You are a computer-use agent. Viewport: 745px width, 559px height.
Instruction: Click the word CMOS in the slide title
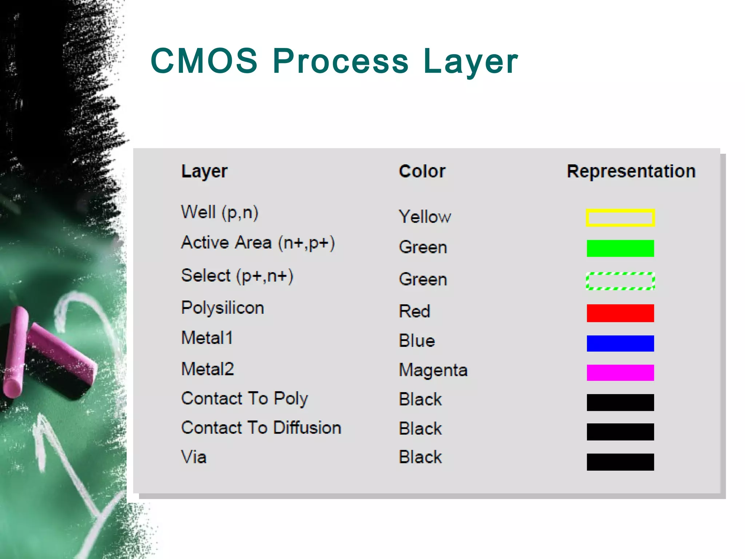pos(204,61)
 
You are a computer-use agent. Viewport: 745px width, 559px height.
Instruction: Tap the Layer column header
pos(204,171)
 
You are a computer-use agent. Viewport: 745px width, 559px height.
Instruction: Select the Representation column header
pos(631,171)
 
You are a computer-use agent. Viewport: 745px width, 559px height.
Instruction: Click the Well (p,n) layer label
pos(220,213)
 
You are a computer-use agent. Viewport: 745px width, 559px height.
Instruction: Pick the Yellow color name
pos(425,217)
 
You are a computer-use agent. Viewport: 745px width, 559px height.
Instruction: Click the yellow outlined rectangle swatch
pos(620,218)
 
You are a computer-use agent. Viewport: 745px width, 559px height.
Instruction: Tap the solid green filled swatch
pos(620,248)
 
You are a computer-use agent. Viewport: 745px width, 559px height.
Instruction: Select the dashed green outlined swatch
pos(620,281)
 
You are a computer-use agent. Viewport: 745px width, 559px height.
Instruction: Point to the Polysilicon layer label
pos(223,308)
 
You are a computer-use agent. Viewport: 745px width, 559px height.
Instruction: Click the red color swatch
pos(620,313)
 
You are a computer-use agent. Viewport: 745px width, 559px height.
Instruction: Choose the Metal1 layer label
pos(207,338)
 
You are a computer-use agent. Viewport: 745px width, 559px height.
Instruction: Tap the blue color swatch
pos(620,343)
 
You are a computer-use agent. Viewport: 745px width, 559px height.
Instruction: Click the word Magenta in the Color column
pos(433,370)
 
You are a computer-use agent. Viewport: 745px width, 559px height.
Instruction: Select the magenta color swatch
pos(620,373)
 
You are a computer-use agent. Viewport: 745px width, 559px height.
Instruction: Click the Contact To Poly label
pos(244,399)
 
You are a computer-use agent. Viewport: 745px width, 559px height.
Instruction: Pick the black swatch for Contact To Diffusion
pos(620,432)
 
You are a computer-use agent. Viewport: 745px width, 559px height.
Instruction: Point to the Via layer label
pos(194,457)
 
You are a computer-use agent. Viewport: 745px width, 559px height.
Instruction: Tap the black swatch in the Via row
pos(620,462)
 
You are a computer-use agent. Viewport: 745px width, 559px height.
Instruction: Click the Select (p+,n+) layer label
pos(237,276)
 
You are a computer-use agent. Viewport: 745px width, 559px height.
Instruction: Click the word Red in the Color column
pos(414,312)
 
